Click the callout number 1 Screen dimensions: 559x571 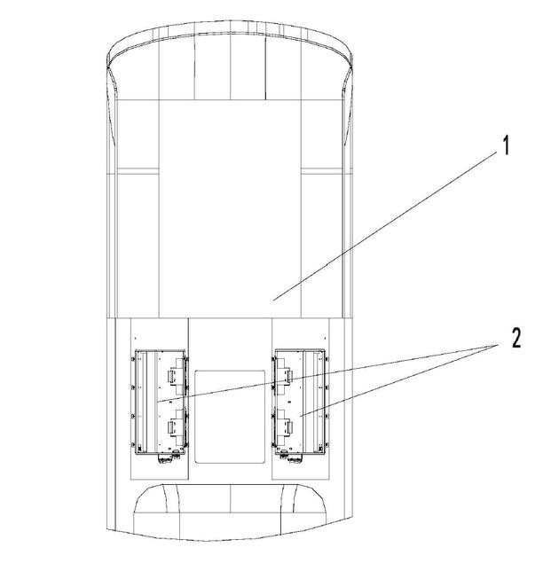tap(506, 145)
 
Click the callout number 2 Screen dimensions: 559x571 tap(516, 338)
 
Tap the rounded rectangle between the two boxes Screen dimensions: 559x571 tap(230, 417)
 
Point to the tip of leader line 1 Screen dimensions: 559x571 tap(273, 300)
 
